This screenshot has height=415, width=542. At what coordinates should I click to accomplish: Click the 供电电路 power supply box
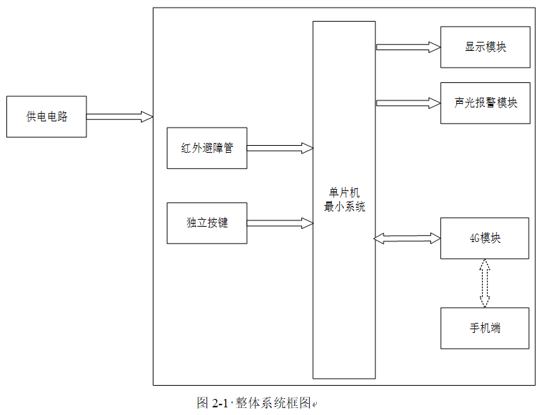[46, 116]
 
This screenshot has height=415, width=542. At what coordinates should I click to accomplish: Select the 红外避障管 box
[206, 148]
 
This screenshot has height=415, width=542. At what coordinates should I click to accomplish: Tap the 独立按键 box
[206, 223]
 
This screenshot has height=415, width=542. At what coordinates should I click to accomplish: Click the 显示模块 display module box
[485, 47]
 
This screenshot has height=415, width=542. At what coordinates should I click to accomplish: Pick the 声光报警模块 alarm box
[485, 103]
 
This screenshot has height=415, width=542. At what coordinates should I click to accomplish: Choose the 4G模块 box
[485, 239]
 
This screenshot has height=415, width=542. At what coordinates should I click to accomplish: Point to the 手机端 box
[485, 328]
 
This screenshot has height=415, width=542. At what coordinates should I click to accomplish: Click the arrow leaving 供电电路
[119, 116]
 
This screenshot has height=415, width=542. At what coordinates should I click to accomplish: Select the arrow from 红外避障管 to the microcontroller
[280, 148]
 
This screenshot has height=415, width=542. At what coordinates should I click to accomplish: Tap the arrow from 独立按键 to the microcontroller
[280, 223]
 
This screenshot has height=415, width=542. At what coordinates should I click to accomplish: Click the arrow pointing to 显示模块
[408, 47]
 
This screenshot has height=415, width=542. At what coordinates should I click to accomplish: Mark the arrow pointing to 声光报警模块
[408, 103]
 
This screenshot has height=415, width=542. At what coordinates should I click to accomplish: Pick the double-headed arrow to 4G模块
[407, 239]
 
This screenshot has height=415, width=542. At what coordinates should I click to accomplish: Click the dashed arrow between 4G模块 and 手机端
[485, 283]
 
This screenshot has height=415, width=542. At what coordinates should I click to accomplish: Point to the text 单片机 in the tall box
[344, 193]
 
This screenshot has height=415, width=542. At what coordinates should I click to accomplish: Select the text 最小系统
[344, 206]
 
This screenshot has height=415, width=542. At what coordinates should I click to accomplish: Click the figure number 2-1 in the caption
[220, 403]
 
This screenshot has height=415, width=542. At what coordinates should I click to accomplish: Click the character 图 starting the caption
[203, 403]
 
